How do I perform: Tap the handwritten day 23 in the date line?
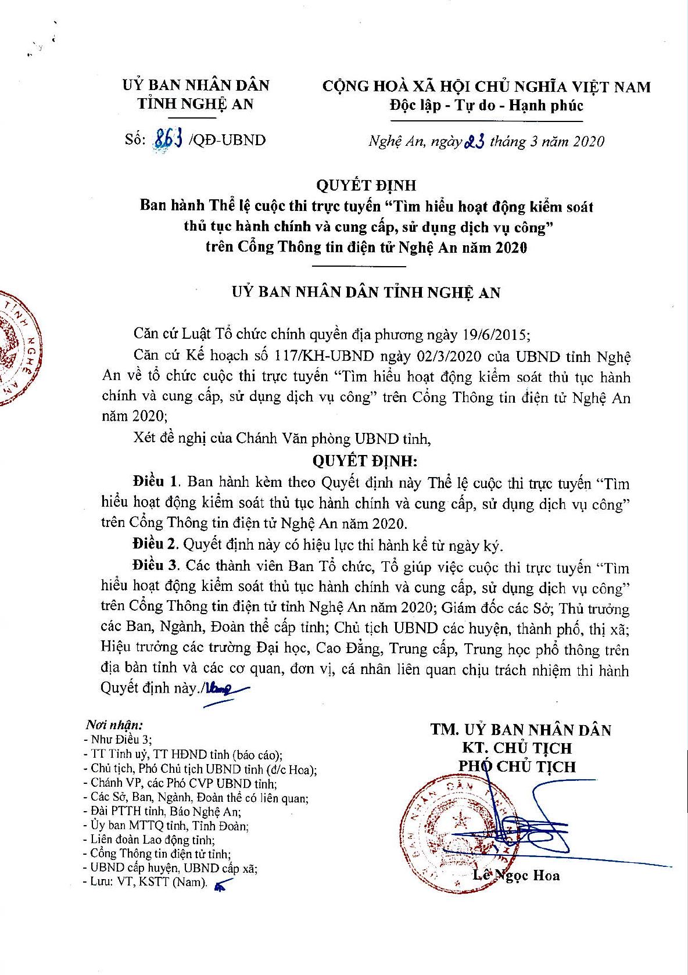475,142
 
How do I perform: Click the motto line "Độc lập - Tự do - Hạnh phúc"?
486,106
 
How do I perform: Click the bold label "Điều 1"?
156,482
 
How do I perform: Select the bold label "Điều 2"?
155,544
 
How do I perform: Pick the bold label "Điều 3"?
156,565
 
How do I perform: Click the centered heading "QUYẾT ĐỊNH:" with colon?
365,461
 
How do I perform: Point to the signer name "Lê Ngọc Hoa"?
516,875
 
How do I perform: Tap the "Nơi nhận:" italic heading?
114,725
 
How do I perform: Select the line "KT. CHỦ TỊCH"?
517,748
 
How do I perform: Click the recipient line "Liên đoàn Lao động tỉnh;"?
152,840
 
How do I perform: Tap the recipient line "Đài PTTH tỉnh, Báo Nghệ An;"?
166,811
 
